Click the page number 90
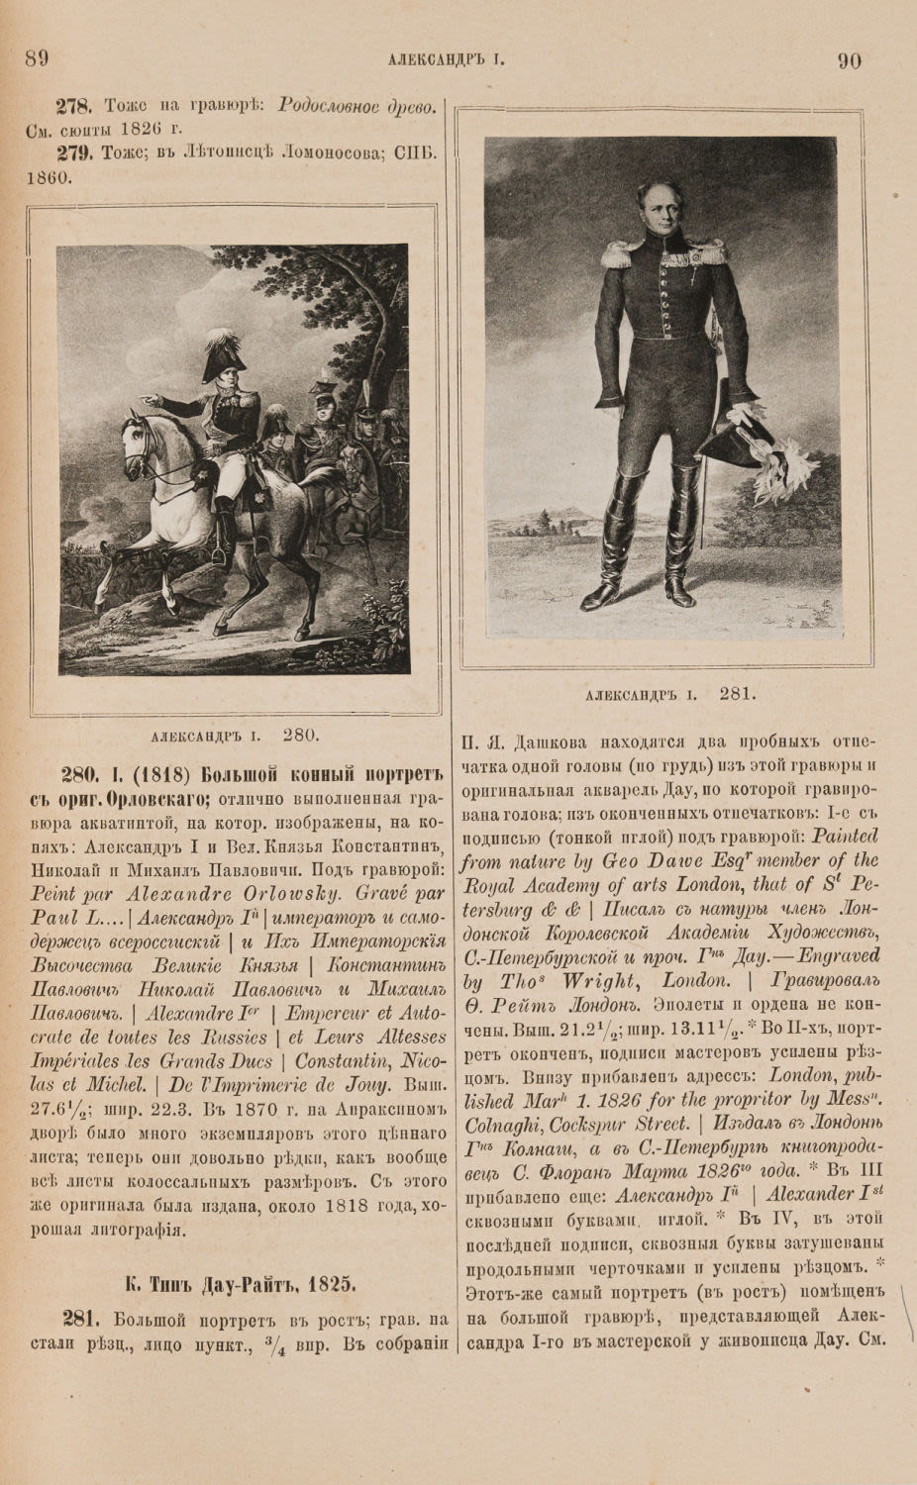tap(849, 60)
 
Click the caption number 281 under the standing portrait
tap(739, 693)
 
